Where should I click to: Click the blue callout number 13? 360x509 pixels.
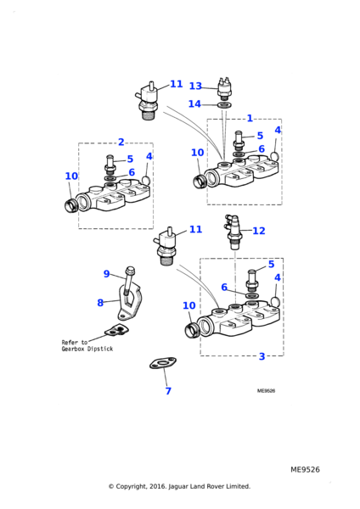pyautogui.click(x=195, y=86)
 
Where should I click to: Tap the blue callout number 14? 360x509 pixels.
pyautogui.click(x=194, y=103)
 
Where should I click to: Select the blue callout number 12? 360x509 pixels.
pyautogui.click(x=259, y=231)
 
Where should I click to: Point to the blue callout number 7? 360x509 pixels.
pyautogui.click(x=168, y=390)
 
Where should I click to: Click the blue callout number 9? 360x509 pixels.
pyautogui.click(x=107, y=274)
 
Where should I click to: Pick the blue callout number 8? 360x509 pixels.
pyautogui.click(x=100, y=303)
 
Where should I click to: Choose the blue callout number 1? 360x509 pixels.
pyautogui.click(x=250, y=118)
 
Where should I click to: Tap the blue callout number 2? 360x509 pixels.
pyautogui.click(x=121, y=142)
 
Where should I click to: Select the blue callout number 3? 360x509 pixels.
pyautogui.click(x=262, y=356)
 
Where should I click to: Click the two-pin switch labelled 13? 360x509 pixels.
pyautogui.click(x=223, y=88)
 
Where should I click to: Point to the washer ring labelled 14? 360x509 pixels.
pyautogui.click(x=224, y=105)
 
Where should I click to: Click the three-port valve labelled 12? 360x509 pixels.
pyautogui.click(x=233, y=232)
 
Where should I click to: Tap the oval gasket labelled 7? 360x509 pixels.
pyautogui.click(x=163, y=363)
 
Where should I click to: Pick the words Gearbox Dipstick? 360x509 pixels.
pyautogui.click(x=87, y=349)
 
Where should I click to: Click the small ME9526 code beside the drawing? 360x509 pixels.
pyautogui.click(x=266, y=391)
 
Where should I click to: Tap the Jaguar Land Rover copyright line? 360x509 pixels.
pyautogui.click(x=179, y=486)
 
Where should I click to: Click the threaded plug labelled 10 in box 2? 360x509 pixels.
pyautogui.click(x=70, y=206)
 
